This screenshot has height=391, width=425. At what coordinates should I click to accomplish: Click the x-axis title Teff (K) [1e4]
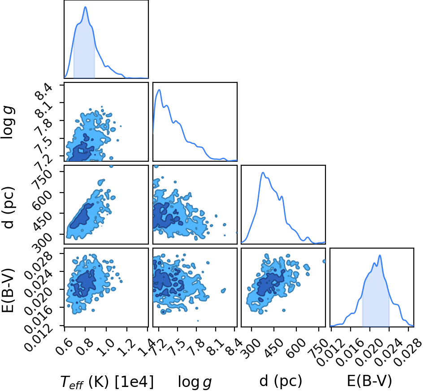107,382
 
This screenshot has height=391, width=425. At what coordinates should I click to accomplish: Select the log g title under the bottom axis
195,382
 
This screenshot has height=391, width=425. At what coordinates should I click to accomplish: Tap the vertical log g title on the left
8,123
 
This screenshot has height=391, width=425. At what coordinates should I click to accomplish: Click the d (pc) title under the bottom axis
281,381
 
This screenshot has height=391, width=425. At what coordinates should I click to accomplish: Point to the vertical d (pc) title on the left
8,207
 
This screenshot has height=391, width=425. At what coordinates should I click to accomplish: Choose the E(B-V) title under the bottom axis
369,381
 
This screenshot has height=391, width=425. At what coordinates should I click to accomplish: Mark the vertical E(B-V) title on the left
8,290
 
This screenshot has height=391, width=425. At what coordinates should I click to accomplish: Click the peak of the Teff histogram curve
85,7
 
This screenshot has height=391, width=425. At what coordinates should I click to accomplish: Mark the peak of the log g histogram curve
159,90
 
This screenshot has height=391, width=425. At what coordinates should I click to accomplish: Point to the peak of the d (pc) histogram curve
263,172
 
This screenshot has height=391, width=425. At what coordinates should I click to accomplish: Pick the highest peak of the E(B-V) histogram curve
380,255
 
